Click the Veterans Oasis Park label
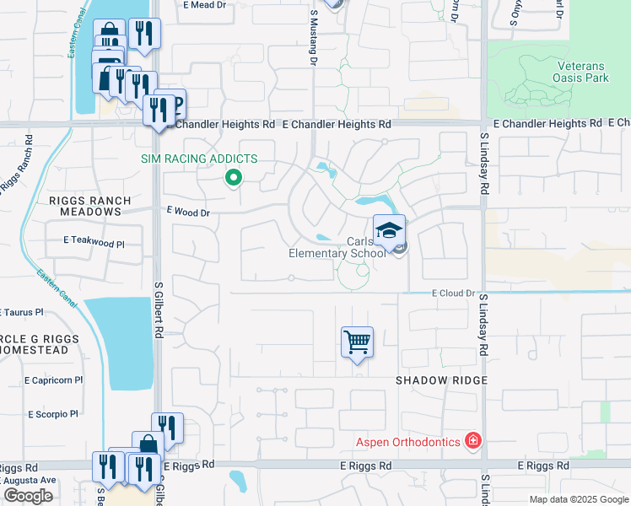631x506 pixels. coord(583,71)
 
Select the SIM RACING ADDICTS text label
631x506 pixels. coord(198,159)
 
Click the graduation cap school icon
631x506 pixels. coord(389,231)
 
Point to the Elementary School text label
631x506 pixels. coord(337,253)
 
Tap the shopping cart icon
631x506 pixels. coord(357,342)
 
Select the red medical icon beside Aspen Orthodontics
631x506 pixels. coord(473,441)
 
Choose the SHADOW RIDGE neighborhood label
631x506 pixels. coord(442,380)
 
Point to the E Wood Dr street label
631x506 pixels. coord(187,213)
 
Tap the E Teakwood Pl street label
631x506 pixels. coord(94,242)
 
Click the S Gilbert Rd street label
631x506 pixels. coord(158,312)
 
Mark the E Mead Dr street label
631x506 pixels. coord(205,5)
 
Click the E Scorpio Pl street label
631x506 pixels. coord(52,414)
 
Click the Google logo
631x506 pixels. coord(28,496)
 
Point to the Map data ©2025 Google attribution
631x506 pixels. coord(578,499)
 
